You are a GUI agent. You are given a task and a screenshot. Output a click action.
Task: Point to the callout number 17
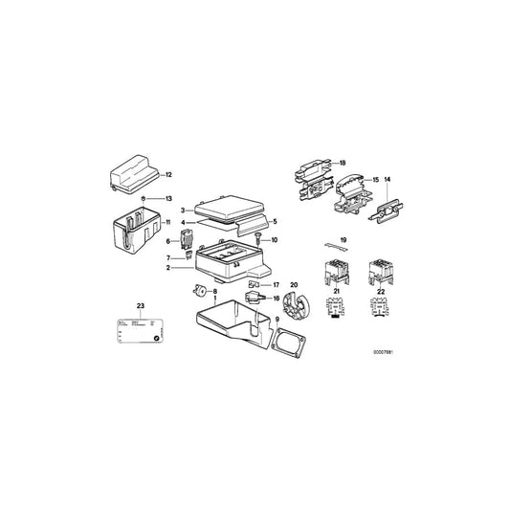276,284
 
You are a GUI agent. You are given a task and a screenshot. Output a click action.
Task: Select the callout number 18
343,164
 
